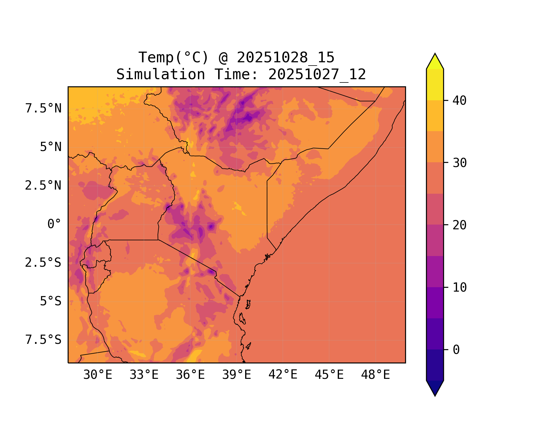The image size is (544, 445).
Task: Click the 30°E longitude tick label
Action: click(98, 375)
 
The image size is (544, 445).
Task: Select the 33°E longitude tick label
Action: click(144, 375)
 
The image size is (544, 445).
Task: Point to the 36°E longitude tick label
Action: click(190, 375)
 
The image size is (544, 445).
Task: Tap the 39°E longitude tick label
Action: click(237, 375)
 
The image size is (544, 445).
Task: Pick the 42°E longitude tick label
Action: click(283, 375)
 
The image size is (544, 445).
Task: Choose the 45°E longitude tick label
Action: click(329, 375)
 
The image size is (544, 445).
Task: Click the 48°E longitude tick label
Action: click(375, 375)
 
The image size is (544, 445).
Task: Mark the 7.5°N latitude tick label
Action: click(43, 109)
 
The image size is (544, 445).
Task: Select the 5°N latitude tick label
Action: click(51, 147)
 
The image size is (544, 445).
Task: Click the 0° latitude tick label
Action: click(54, 224)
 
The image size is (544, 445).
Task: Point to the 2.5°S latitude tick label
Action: click(43, 263)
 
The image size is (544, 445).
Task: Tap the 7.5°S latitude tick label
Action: click(43, 340)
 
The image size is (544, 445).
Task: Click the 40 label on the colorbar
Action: click(460, 101)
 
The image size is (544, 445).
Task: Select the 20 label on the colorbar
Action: click(460, 225)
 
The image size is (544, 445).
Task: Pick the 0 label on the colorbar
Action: click(456, 350)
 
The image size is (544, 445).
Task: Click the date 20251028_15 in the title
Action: click(286, 58)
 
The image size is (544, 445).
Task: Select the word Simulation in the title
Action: click(161, 74)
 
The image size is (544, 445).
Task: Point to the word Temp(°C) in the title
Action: click(174, 58)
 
